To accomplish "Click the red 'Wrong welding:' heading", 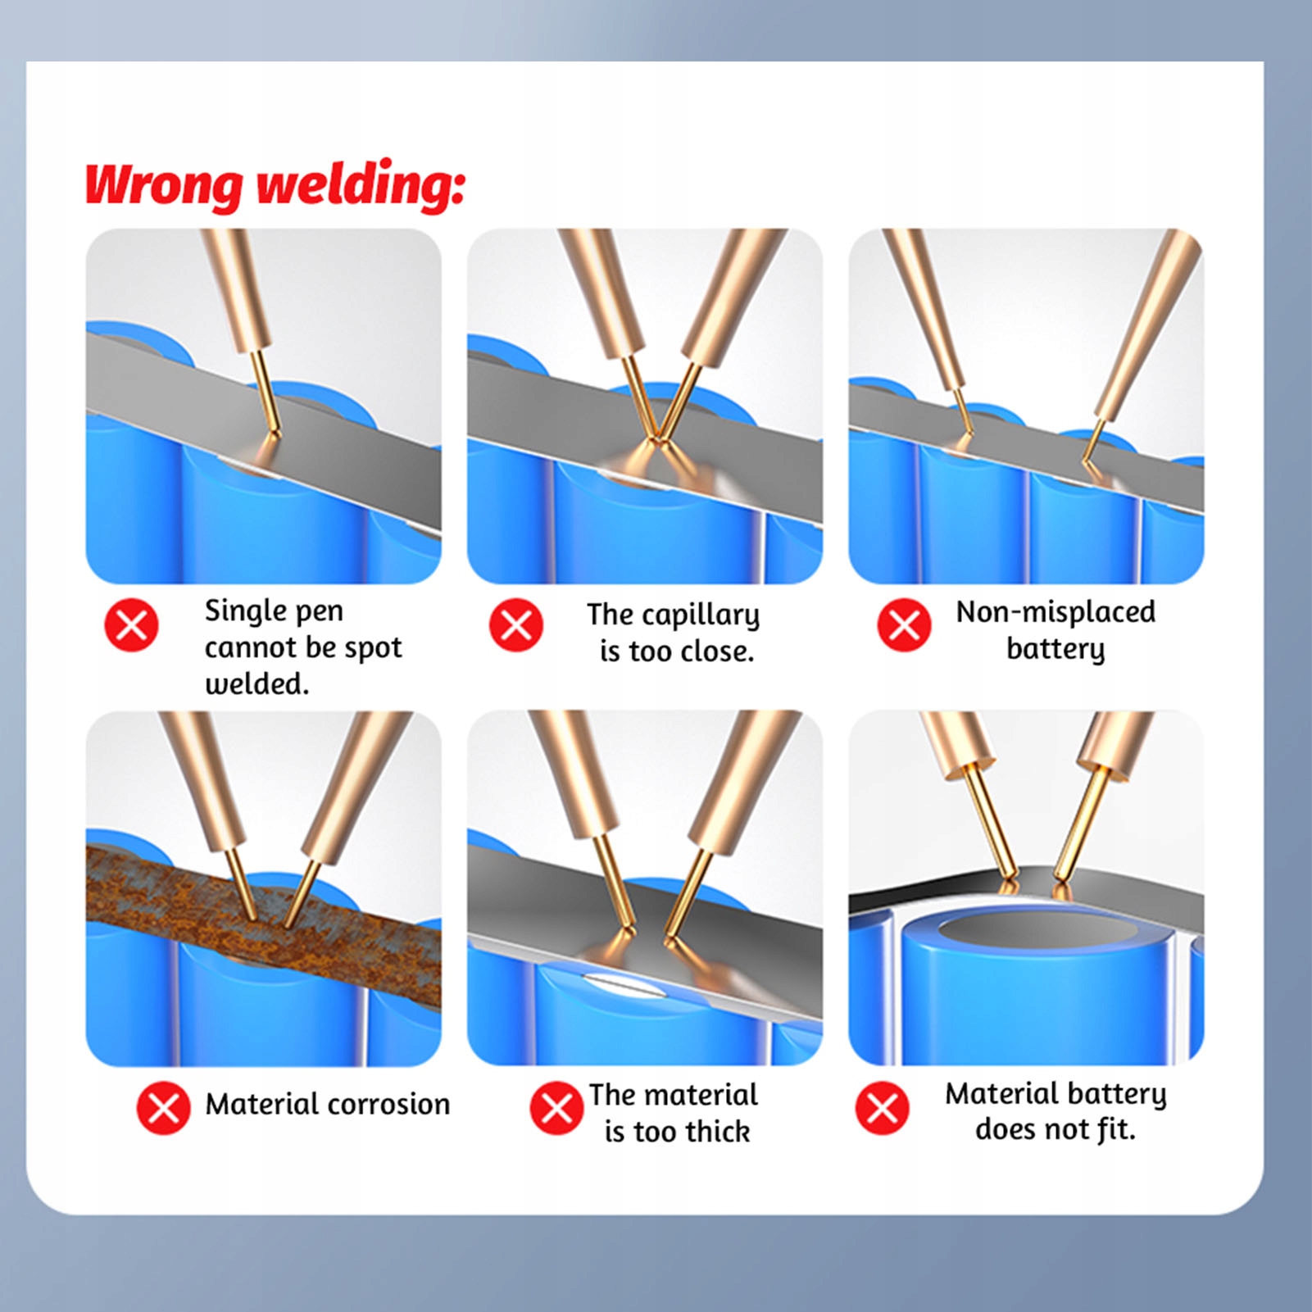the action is coord(275,184).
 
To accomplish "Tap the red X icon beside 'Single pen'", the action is coord(131,625).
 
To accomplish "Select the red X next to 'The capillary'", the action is coord(516,625).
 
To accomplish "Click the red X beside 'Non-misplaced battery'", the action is coord(904,625).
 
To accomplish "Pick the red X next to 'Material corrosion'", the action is coord(163,1108).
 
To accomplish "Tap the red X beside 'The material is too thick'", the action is coord(556,1108).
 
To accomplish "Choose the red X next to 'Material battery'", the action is coord(882,1108).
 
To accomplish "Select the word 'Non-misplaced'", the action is coord(1056,611).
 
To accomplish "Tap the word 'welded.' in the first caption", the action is coord(256,683).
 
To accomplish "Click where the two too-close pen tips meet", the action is coord(656,439).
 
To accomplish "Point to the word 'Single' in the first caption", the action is coord(241,611).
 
